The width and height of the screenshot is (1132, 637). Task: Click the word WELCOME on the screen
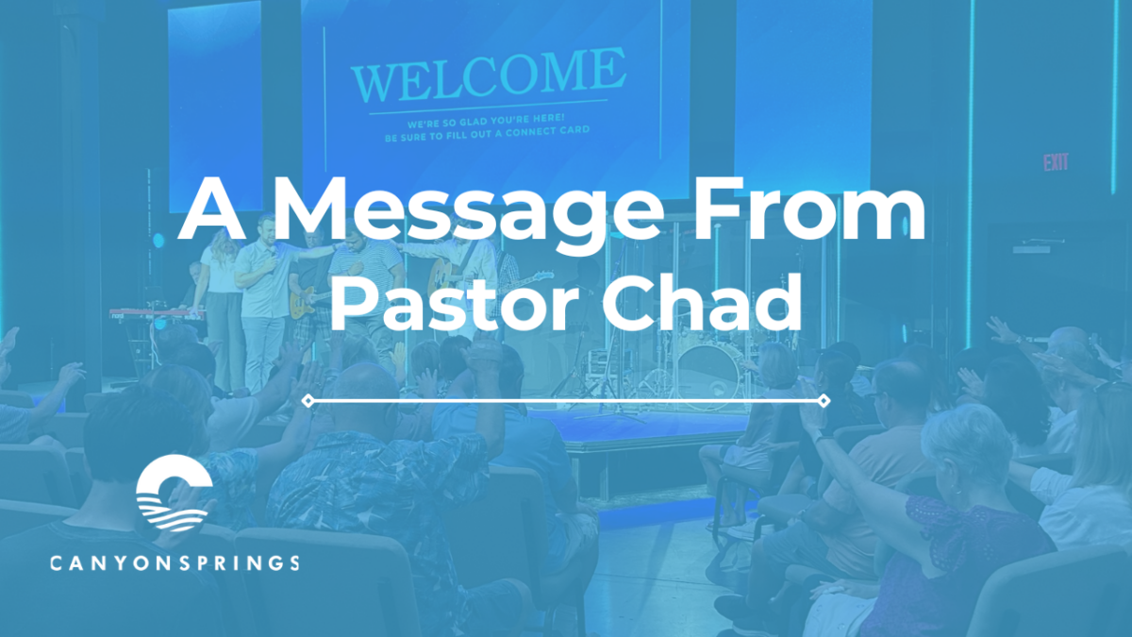tap(488, 76)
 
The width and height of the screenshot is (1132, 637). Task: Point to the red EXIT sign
tap(1056, 162)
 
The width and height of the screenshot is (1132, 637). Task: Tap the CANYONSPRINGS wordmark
tap(175, 563)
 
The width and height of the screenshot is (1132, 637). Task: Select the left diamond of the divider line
tap(307, 401)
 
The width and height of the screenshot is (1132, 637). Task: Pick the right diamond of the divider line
tap(824, 401)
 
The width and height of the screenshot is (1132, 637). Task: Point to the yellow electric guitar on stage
tap(307, 302)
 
